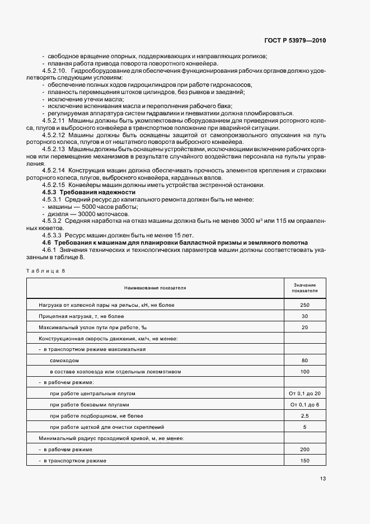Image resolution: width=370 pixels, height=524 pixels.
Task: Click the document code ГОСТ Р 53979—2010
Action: coord(295,41)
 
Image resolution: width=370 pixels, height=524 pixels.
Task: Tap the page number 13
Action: coord(323,478)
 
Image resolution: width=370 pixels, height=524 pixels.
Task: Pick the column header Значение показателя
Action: coord(305,288)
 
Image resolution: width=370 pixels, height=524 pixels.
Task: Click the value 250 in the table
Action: coord(305,305)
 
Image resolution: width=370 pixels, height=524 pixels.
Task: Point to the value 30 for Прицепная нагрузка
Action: coord(305,316)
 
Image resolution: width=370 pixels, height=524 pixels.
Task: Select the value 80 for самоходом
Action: coord(305,360)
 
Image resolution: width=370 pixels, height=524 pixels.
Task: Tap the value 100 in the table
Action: coord(305,371)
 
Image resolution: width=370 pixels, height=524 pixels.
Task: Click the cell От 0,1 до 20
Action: coord(305,394)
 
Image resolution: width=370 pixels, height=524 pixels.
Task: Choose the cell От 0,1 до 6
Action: coord(305,404)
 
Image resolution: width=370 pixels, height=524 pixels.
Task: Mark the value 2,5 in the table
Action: coord(305,416)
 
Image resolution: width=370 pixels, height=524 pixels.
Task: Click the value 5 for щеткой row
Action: coord(305,427)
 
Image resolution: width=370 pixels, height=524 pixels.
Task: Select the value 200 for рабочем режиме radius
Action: coord(305,450)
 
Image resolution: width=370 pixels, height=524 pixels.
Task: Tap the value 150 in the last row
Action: coord(305,460)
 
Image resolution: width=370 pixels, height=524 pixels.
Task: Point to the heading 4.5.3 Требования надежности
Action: coord(81,192)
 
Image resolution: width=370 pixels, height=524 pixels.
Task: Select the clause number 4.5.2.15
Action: coord(54,185)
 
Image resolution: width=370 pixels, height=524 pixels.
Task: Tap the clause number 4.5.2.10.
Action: coord(55,71)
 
